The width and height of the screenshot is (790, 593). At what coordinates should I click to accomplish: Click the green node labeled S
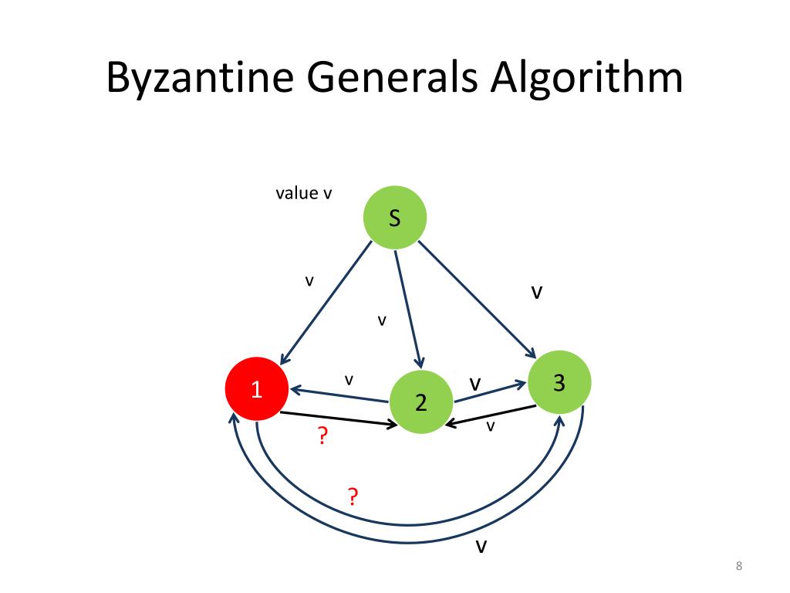coord(394,219)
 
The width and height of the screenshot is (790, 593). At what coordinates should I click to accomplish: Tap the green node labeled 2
coord(420,402)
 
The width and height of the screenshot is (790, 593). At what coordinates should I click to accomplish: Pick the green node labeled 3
coord(559,381)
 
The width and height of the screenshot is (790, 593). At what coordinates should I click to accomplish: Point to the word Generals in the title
coord(387,79)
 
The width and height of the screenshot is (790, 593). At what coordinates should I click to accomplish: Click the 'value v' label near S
coord(303,193)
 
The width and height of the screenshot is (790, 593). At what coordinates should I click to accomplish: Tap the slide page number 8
coord(739,568)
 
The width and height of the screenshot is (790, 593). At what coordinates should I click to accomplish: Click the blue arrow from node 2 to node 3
coord(491,391)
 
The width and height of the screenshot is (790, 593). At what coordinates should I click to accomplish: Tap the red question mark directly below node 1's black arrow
coord(322,437)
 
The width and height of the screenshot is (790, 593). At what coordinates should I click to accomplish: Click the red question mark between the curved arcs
coord(353,496)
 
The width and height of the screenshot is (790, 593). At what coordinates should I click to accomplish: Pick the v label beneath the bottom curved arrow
coord(481,547)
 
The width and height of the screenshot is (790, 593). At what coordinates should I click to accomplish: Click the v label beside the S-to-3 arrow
coord(537,292)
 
